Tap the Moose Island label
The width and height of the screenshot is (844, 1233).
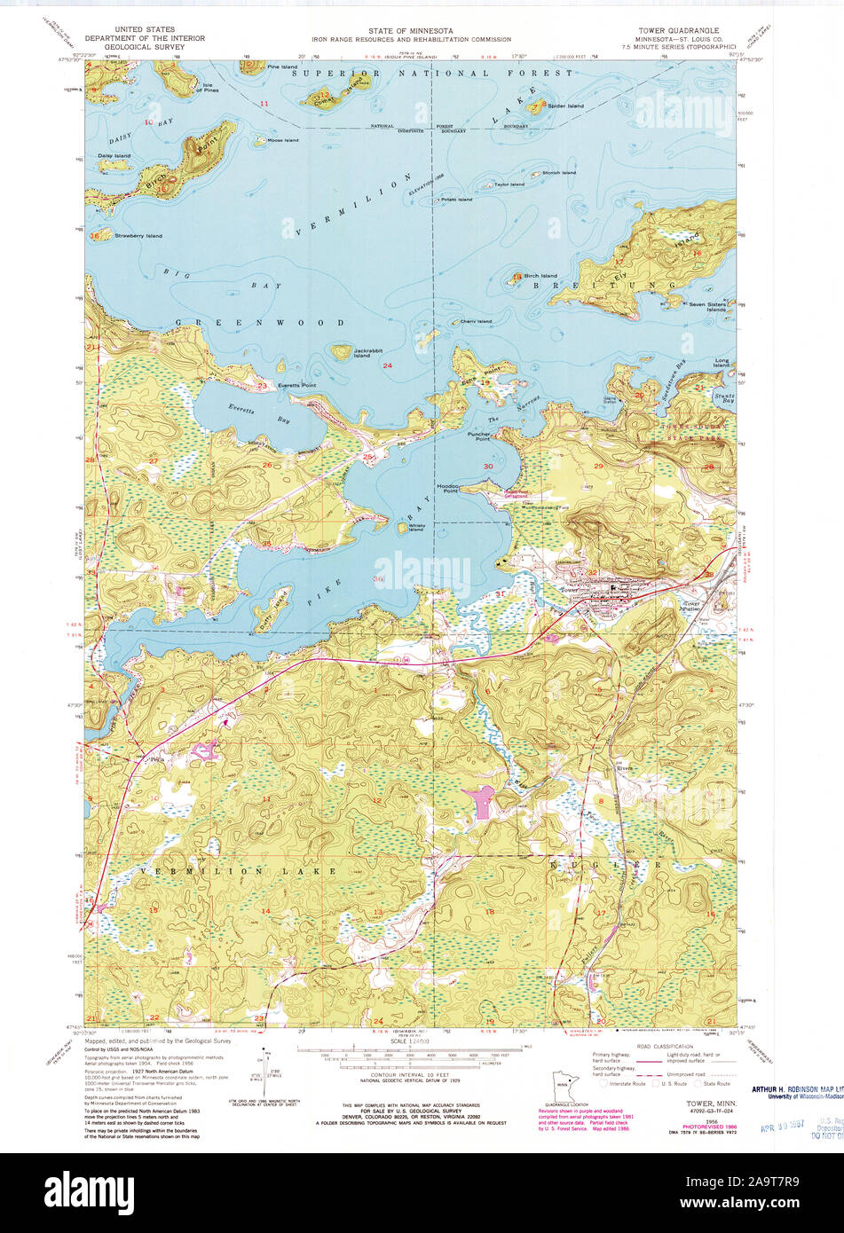(x=283, y=140)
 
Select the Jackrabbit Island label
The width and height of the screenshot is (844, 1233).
(x=368, y=353)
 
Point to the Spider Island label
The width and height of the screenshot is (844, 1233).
(x=565, y=106)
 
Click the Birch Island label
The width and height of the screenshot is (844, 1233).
(x=540, y=276)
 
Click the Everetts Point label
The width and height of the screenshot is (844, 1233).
(x=296, y=385)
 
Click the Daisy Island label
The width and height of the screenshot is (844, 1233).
(x=114, y=155)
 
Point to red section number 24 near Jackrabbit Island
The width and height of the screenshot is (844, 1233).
(x=387, y=365)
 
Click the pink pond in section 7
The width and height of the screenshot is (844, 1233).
(x=485, y=803)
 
